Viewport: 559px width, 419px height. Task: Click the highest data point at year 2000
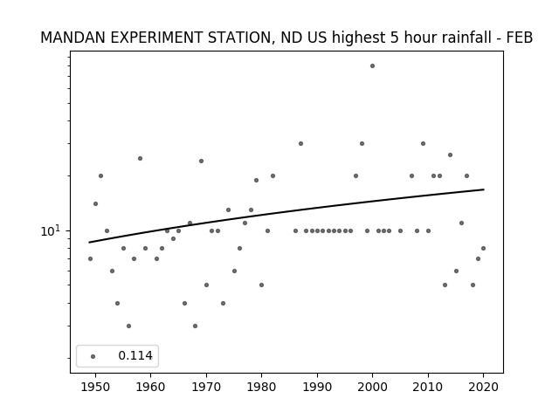(x=373, y=66)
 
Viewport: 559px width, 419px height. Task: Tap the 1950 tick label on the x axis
(x=95, y=387)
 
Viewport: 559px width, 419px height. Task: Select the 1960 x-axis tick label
(x=150, y=387)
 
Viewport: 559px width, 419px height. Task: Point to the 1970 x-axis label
(x=206, y=387)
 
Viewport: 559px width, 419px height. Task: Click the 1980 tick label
(x=261, y=387)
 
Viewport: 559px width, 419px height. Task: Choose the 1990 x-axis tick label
(x=317, y=387)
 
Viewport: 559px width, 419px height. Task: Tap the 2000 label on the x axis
(x=372, y=387)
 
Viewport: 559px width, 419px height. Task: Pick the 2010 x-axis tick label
(x=428, y=387)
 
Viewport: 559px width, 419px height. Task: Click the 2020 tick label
(x=483, y=387)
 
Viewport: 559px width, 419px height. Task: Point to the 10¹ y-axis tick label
(x=51, y=230)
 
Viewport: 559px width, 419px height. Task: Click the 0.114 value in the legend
(x=135, y=355)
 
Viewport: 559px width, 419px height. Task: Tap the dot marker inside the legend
(x=93, y=356)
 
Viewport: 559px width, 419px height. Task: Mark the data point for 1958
(x=140, y=159)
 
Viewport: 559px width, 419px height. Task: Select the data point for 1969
(x=201, y=161)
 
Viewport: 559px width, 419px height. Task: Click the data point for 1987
(x=300, y=143)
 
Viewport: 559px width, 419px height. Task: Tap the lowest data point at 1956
(x=128, y=326)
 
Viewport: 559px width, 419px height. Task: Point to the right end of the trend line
(x=484, y=189)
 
